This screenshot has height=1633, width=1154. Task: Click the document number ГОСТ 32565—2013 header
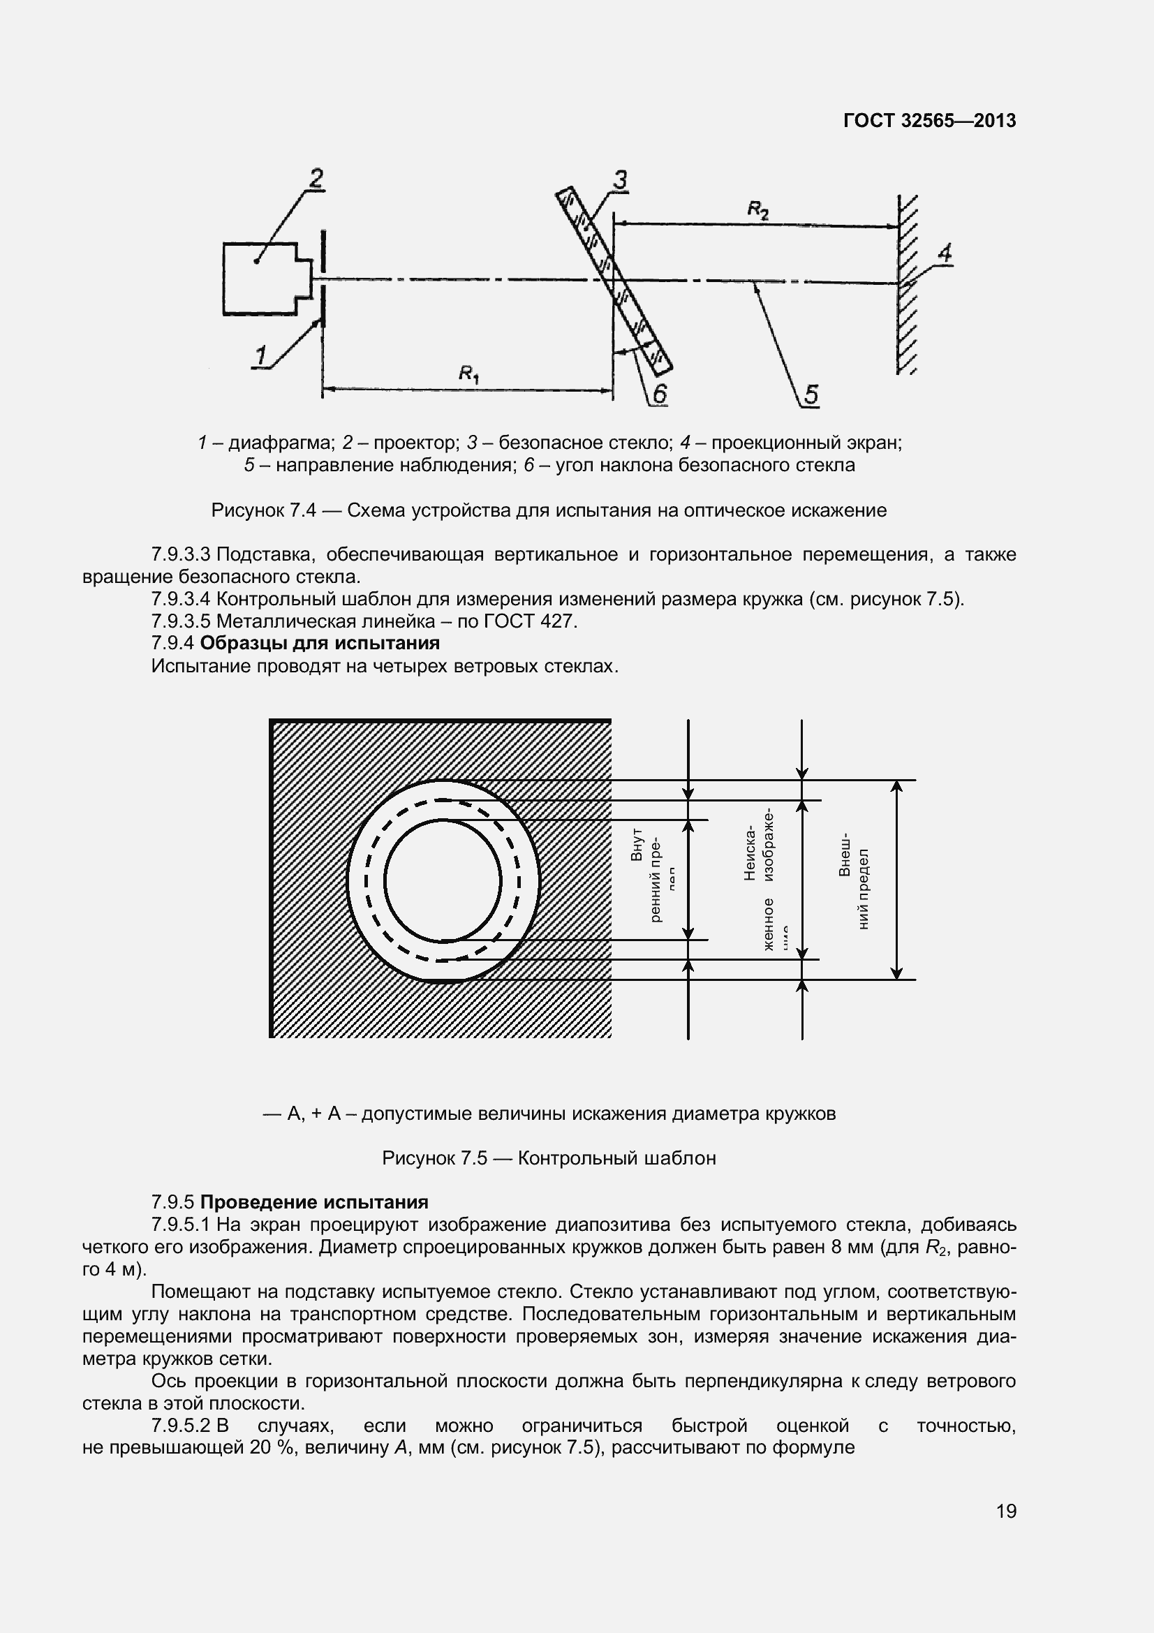pos(929,121)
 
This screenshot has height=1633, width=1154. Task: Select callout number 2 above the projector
pos(316,178)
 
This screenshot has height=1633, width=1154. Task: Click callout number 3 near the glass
pos(620,181)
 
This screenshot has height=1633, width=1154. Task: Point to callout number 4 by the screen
pos(945,253)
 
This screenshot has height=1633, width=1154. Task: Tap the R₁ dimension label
pos(468,373)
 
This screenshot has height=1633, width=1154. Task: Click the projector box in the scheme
pos(260,279)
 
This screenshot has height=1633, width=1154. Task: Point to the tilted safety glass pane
pos(613,280)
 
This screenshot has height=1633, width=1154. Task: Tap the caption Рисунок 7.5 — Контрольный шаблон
pos(549,1159)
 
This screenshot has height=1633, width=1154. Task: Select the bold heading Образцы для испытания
pos(320,644)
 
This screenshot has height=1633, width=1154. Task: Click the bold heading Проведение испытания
pos(314,1203)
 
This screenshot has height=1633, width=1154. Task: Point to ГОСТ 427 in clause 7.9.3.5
pos(528,621)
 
